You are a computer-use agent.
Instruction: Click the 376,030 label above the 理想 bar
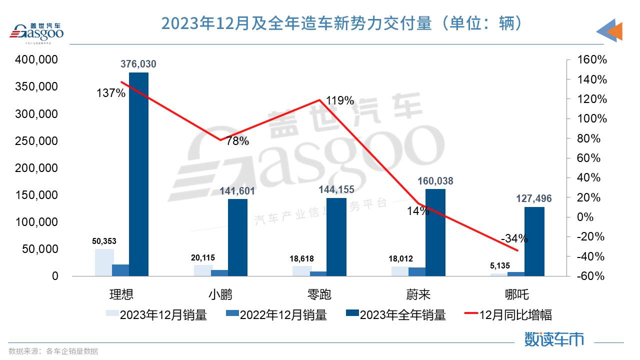coord(138,64)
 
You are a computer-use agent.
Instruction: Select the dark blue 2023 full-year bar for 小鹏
coord(237,237)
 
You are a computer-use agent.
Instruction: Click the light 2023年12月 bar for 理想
coord(104,262)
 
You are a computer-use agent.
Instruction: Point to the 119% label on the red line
coord(339,100)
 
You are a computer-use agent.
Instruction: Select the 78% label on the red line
coord(237,141)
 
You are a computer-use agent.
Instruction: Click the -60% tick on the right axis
coord(591,276)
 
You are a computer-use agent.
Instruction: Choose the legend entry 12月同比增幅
coord(515,315)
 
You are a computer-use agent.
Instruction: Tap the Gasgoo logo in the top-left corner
coord(37,32)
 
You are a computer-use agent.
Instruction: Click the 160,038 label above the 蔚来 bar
coord(435,181)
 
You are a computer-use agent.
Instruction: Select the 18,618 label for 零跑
coord(301,259)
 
